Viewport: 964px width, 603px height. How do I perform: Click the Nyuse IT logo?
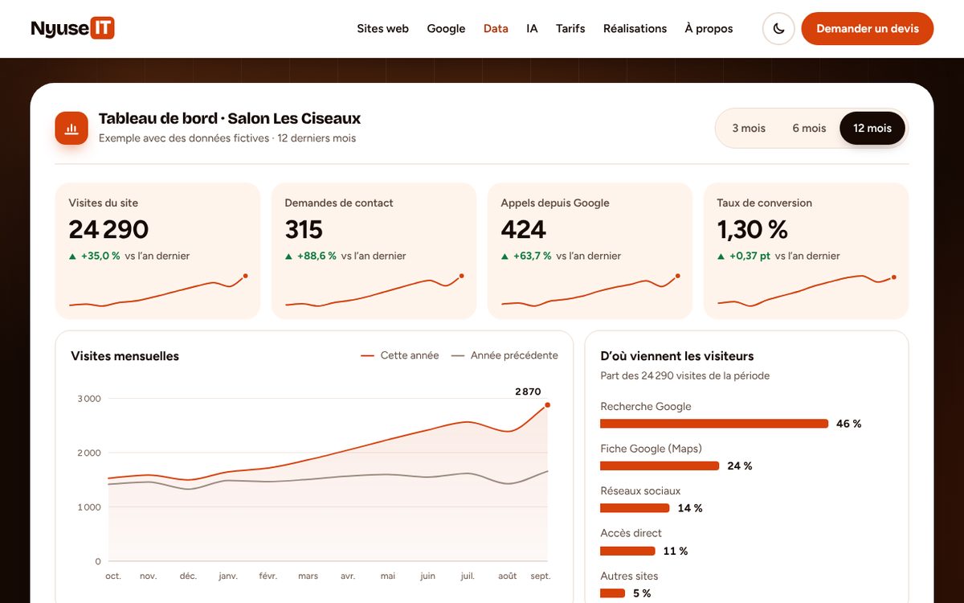pos(73,28)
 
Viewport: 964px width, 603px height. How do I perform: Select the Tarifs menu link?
pos(570,28)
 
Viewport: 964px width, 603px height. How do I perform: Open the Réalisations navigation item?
pos(635,28)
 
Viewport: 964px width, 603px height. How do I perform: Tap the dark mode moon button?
pos(778,28)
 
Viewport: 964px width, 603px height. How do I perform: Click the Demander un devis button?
pos(867,28)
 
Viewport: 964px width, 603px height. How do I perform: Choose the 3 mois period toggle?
pos(749,128)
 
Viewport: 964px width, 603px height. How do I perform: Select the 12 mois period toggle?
pos(872,128)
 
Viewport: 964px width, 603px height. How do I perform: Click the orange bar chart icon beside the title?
pos(71,128)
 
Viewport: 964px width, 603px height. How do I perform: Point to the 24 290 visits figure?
pos(108,229)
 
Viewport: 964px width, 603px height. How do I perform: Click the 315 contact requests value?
pos(304,229)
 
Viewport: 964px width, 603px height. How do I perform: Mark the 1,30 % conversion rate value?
pos(752,229)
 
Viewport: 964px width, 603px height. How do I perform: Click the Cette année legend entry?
pos(400,355)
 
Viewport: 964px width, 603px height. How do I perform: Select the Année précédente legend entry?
pos(504,355)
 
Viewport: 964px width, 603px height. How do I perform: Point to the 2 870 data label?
pos(528,392)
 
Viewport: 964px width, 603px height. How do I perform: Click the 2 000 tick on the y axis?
pos(89,453)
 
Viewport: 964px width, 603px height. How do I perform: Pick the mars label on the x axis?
pos(308,576)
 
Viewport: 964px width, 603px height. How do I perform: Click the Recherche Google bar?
pos(714,424)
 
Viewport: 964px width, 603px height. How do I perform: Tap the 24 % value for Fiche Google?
pos(740,466)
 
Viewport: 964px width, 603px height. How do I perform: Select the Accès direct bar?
pos(627,551)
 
